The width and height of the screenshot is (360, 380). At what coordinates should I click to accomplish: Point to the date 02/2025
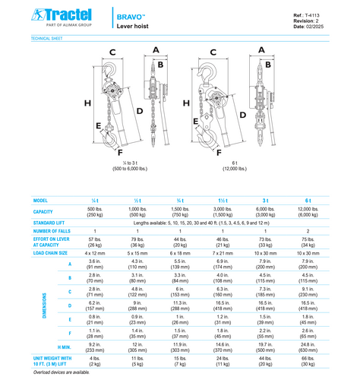[x=316, y=27]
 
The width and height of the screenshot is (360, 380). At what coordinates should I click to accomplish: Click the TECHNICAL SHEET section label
[x=48, y=38]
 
